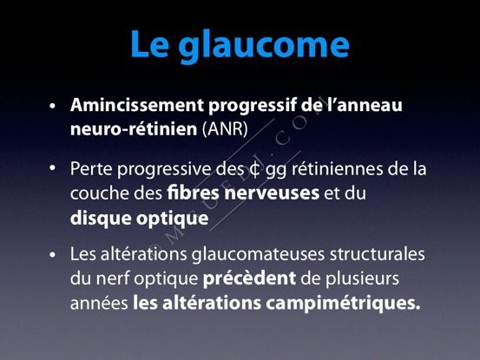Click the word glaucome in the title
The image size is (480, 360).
point(264,46)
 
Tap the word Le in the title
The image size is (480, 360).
point(150,43)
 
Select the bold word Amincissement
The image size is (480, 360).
point(137,105)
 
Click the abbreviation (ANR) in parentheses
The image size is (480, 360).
point(225,128)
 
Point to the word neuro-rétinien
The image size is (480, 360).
point(134,128)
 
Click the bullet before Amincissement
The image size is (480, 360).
point(53,106)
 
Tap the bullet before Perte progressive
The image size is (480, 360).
point(53,168)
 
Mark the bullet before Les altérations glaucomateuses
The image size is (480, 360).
point(53,255)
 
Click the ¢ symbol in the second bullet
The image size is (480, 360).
point(254,170)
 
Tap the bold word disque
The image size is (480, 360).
point(101,219)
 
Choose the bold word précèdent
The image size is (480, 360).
point(249,278)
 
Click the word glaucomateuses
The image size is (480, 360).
point(258,255)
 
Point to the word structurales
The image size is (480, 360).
point(378,254)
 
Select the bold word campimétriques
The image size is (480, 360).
point(343,304)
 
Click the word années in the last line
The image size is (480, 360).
point(99,304)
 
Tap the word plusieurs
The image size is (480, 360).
point(362,279)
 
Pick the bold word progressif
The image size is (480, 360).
point(253,106)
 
